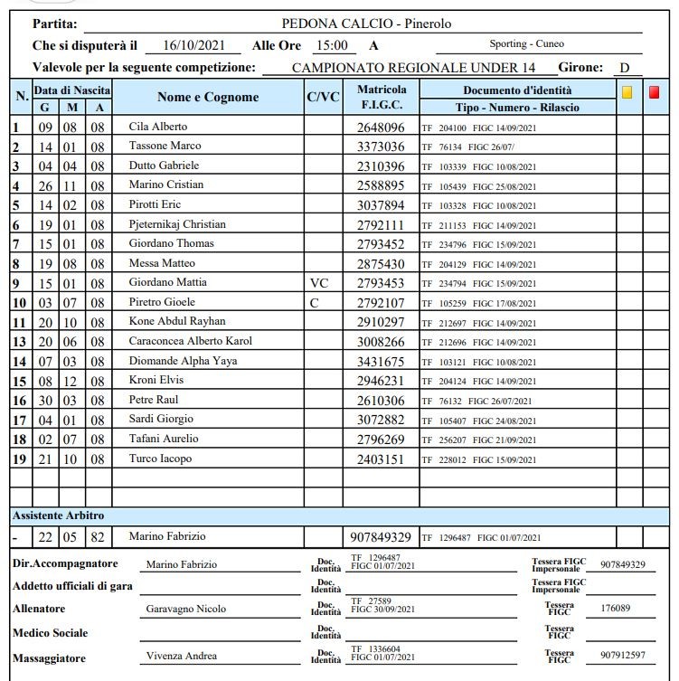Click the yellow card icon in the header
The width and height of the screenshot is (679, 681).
coord(627,91)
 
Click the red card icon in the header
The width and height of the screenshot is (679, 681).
coord(654,91)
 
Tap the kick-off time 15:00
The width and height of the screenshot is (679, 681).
coord(331,45)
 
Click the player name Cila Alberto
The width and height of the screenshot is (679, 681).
coord(159,127)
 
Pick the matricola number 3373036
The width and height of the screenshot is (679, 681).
coord(381,147)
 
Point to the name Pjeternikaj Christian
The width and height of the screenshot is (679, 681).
coord(177,224)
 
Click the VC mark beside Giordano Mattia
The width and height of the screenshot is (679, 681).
coord(319,282)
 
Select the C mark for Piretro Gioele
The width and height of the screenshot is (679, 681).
coord(315,302)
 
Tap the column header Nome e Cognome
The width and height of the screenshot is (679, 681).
coord(208,97)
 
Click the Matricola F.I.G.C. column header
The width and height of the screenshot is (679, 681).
coord(382,98)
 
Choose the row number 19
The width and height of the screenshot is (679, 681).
coord(18,459)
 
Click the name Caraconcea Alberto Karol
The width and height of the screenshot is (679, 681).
coord(191,341)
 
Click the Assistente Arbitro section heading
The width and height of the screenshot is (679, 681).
coord(58,515)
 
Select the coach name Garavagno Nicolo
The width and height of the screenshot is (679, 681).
coord(186,609)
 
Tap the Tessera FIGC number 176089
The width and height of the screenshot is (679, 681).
coord(619,609)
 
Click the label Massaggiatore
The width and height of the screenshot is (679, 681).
coord(50,657)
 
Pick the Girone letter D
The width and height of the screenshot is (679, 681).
coord(624,68)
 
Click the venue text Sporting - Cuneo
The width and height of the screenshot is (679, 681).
coord(526,44)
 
